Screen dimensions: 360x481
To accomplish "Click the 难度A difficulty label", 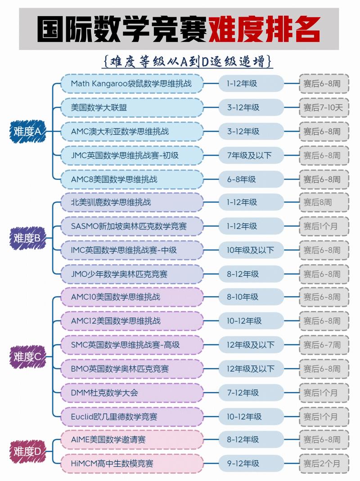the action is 27,131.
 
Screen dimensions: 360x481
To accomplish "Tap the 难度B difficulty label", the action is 27,238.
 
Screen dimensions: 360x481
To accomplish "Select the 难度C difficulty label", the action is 27,356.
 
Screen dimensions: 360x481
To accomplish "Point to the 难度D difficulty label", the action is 27,451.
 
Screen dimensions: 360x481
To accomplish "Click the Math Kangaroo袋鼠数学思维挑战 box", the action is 132,83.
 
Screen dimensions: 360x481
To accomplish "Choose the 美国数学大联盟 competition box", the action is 132,108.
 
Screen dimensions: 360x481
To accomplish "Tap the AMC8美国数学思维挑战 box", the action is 132,179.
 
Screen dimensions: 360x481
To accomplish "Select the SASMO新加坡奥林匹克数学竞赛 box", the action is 132,226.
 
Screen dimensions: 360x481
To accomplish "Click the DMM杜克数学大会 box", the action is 132,393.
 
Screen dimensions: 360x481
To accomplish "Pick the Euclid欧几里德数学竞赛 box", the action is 132,417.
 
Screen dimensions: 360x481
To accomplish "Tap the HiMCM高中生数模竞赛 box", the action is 132,463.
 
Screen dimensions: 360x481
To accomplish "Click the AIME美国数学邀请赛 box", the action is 132,440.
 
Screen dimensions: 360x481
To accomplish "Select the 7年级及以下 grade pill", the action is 251,156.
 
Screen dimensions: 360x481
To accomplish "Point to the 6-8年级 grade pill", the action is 251,180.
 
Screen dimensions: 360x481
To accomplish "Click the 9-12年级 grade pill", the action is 251,463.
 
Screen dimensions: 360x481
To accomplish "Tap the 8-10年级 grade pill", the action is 251,297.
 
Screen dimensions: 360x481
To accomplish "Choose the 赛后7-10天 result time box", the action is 324,108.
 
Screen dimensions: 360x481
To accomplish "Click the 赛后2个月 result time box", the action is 324,463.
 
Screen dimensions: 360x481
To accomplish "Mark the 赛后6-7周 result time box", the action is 324,345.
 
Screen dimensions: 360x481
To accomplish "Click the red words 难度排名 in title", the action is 265,29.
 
